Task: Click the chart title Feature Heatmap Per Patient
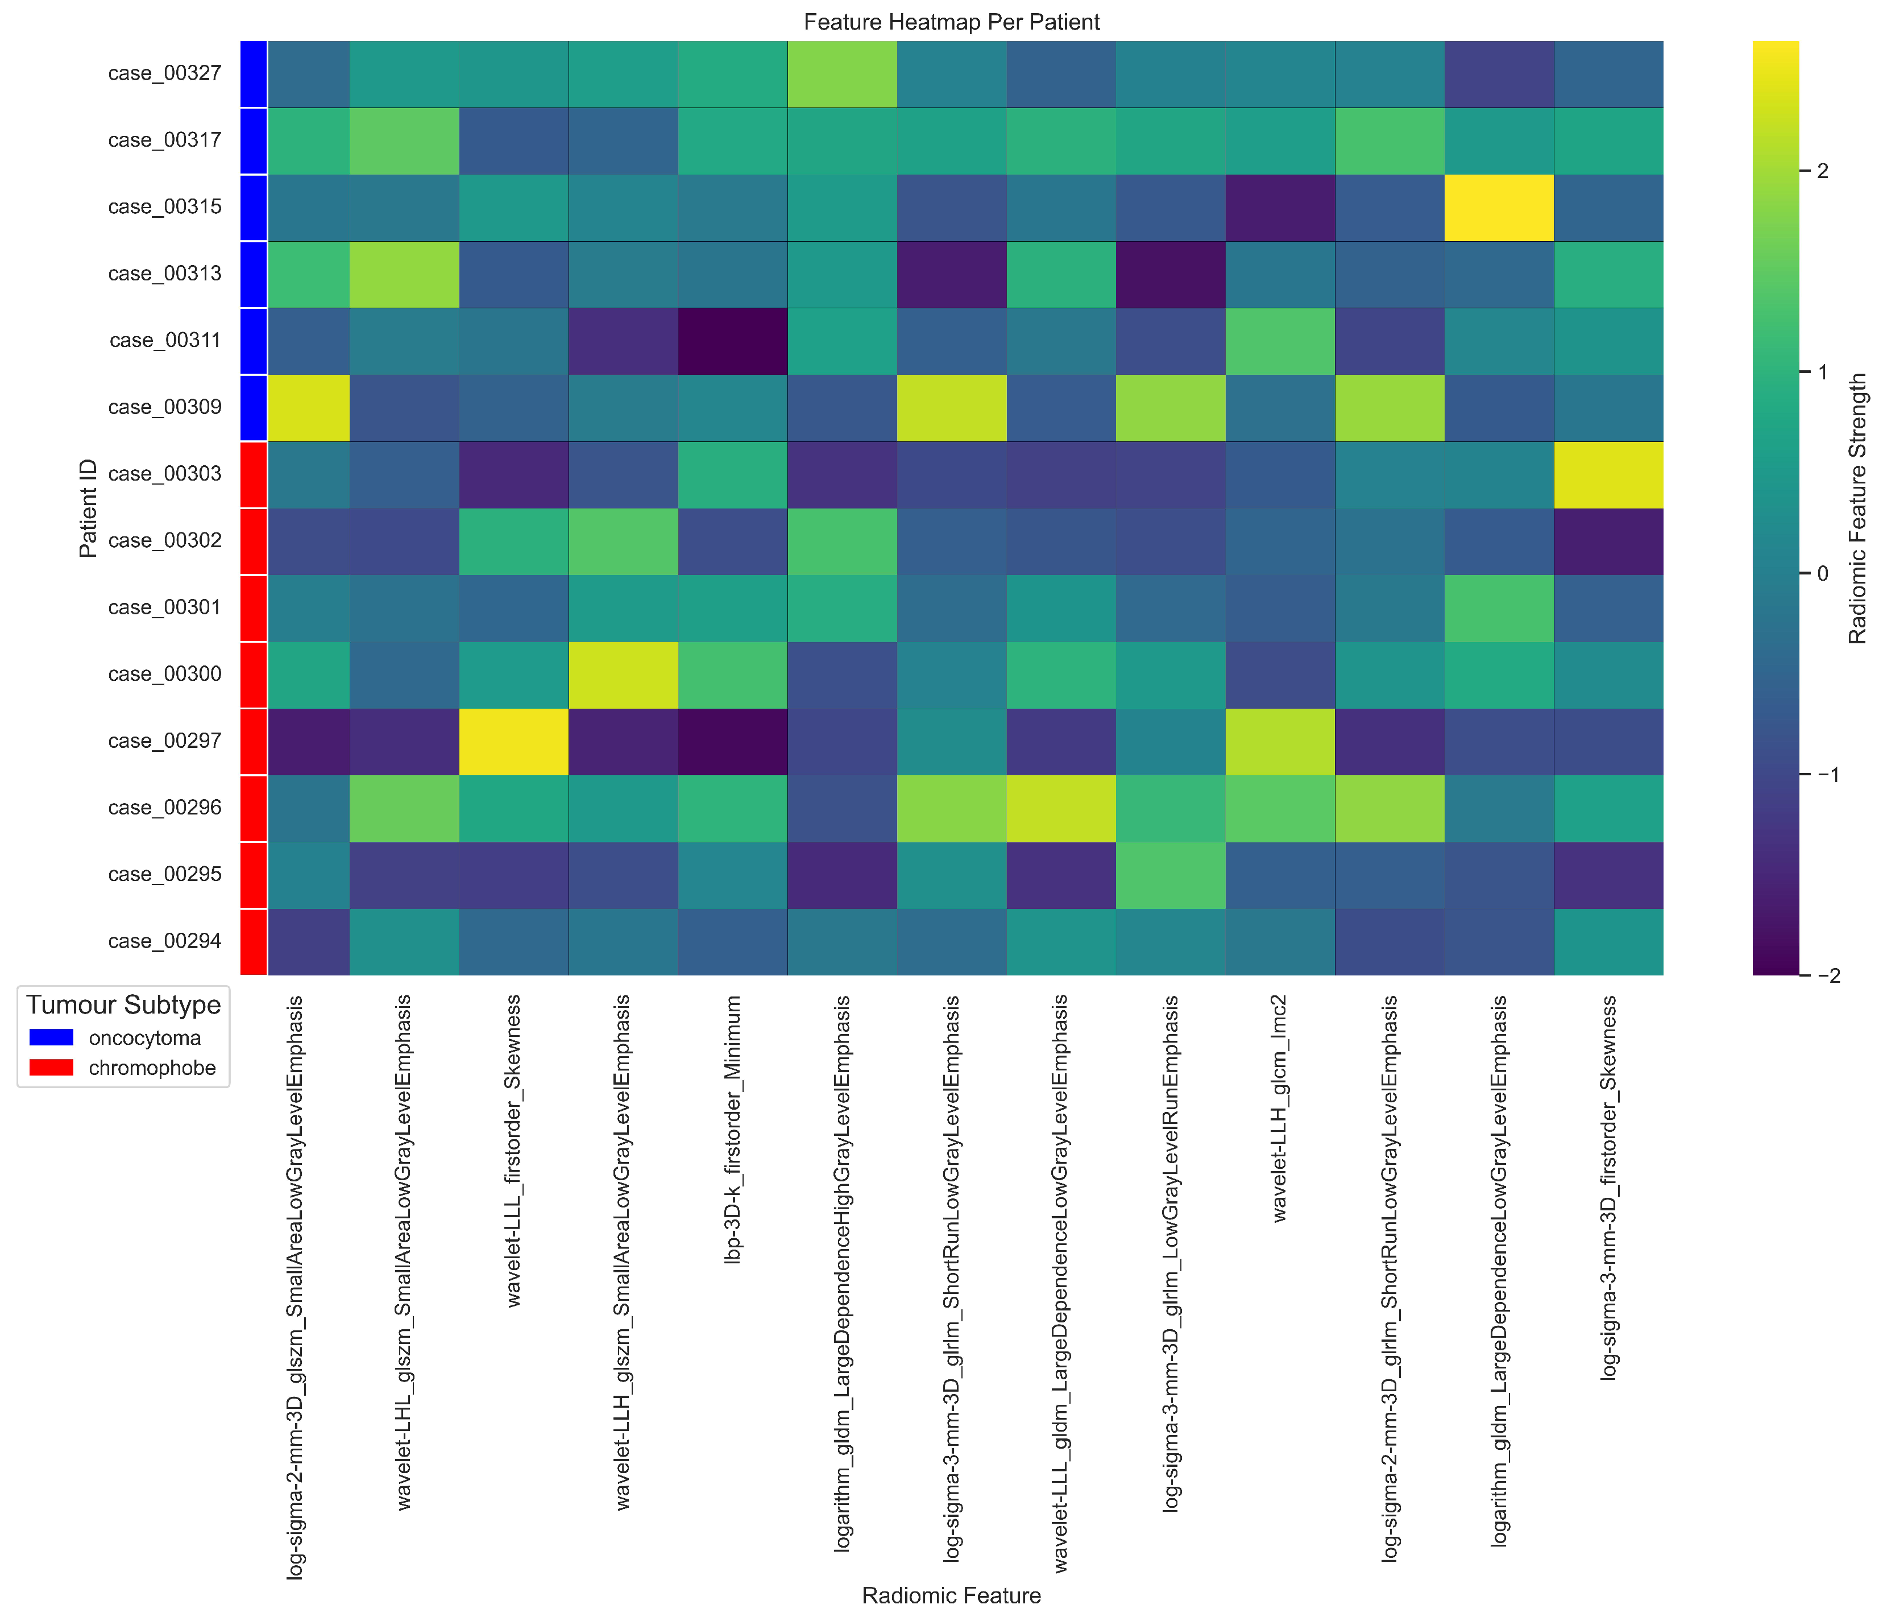(952, 22)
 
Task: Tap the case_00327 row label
(164, 73)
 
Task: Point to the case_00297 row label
(164, 741)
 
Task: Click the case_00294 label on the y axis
(164, 941)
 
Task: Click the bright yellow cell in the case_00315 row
(1499, 207)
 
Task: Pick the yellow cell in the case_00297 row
(513, 741)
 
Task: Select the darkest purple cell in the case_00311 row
(732, 341)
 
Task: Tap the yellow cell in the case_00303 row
(1608, 474)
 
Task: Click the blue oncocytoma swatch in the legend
(51, 1037)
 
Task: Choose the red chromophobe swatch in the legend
(51, 1068)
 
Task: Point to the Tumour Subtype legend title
(123, 1004)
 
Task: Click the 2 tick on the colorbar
(1821, 172)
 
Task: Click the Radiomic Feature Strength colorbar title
(1857, 508)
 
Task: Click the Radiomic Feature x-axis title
(952, 1595)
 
